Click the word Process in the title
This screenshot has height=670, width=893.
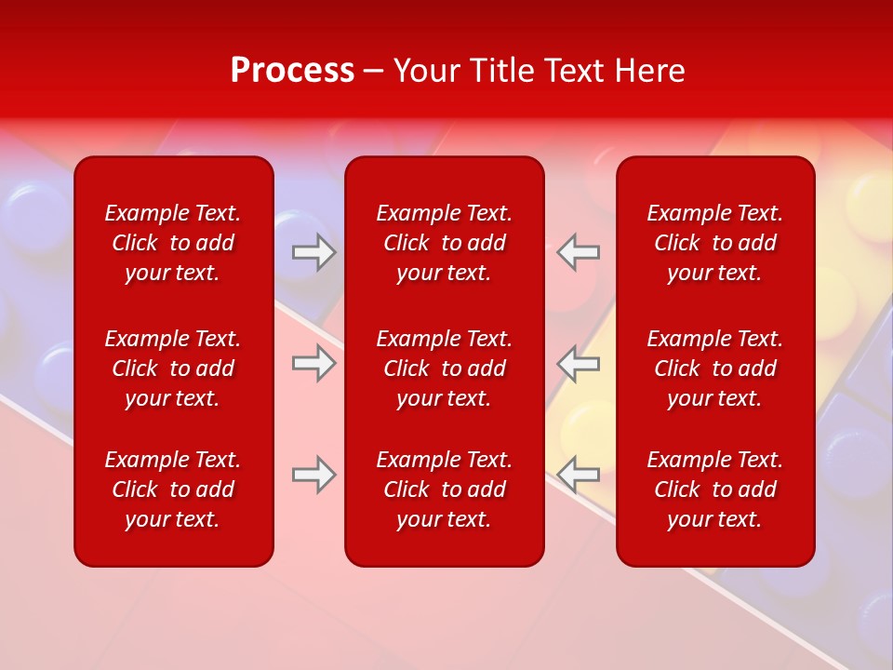tap(292, 71)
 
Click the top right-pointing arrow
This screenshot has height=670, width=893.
tap(313, 252)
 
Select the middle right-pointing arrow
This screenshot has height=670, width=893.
tap(313, 363)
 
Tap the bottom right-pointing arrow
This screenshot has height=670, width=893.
tap(313, 475)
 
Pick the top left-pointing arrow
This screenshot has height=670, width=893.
tap(579, 252)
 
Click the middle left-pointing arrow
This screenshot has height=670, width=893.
tap(579, 363)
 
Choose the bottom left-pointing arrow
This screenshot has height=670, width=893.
tap(579, 475)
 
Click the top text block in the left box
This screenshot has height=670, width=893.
tap(173, 243)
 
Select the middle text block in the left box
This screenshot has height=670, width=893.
tap(173, 368)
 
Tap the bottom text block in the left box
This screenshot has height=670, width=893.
tap(173, 489)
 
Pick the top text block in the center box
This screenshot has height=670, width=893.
tap(445, 243)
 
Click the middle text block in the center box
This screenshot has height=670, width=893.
tap(445, 368)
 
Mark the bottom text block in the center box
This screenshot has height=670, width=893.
tap(445, 489)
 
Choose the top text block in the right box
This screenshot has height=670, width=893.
tap(715, 243)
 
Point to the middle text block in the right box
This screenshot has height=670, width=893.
tap(715, 368)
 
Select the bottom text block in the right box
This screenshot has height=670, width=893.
tap(715, 489)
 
